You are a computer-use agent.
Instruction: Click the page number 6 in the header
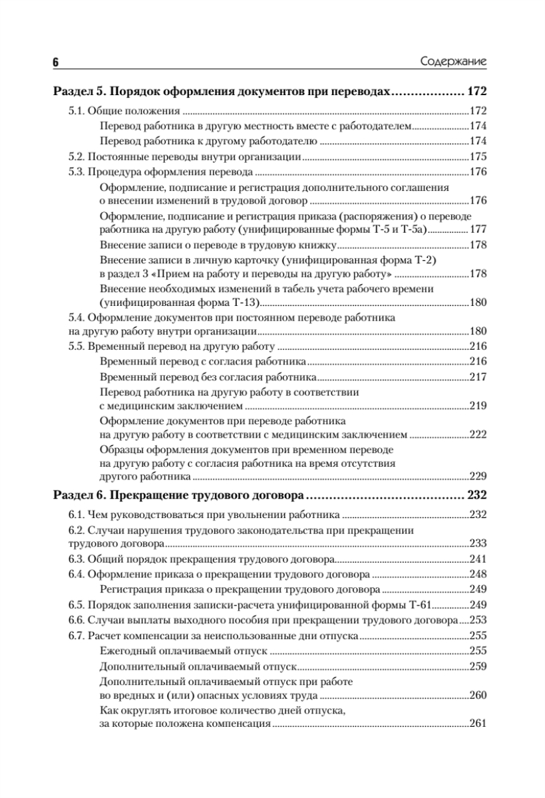[57, 62]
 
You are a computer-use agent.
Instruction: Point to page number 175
[478, 158]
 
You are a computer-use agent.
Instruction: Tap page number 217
[478, 376]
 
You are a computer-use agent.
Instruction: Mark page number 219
[478, 405]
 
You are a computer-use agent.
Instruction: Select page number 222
[478, 434]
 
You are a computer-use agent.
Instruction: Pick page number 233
[478, 542]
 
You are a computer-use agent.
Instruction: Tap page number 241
[478, 558]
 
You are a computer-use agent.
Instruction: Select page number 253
[478, 620]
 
